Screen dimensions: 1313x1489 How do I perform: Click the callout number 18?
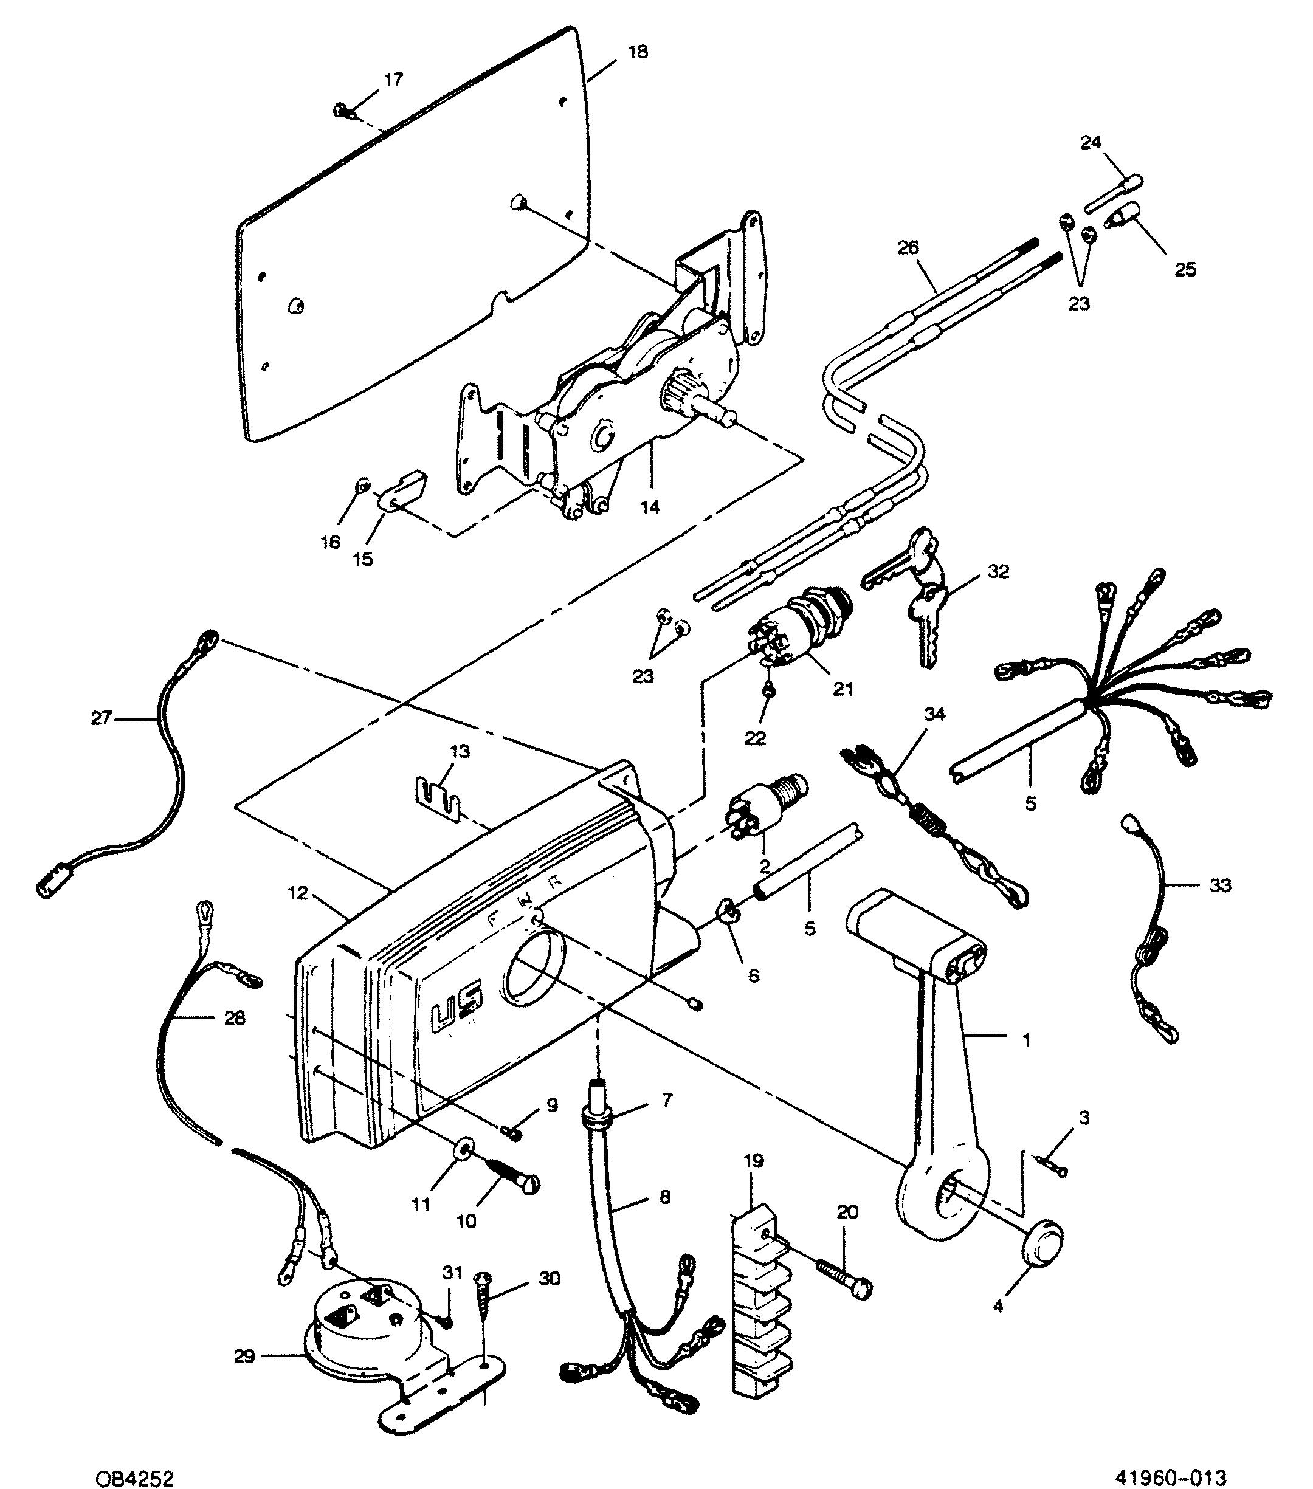637,52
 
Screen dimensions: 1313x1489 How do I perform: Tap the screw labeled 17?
344,111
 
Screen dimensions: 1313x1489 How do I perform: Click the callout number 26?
909,248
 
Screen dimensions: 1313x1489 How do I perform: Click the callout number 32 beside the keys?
998,572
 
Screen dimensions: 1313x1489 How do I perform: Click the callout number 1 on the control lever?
1027,1041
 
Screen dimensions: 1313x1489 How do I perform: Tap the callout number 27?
100,718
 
